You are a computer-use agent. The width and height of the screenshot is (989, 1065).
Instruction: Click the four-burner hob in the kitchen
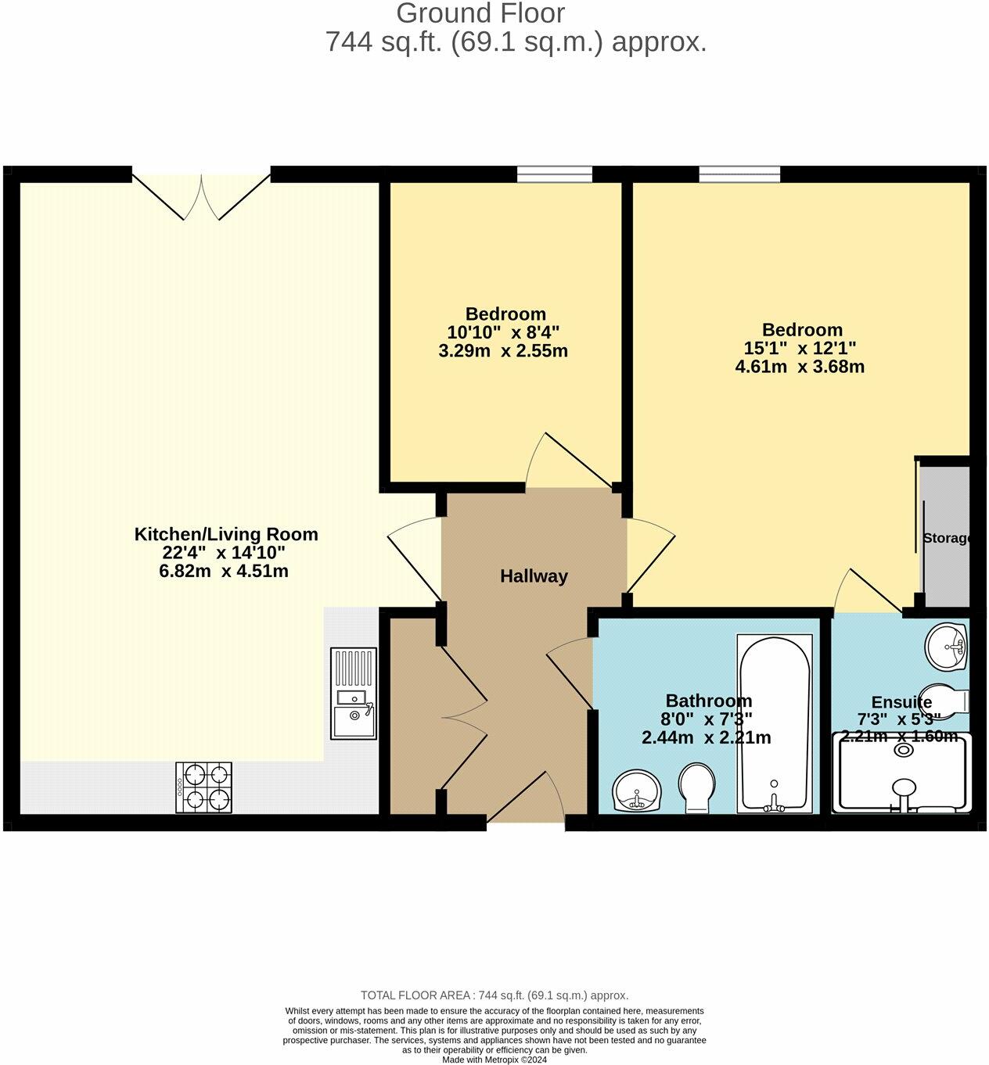[204, 787]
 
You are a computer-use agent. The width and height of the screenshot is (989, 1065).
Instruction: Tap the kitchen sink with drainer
[353, 694]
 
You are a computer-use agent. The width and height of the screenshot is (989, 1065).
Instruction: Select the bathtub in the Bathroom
[775, 723]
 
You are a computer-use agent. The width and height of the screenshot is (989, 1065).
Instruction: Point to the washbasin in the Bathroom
[637, 791]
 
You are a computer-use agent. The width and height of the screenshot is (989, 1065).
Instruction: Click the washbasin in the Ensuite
[948, 647]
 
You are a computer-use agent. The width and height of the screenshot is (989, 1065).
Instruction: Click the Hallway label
[534, 576]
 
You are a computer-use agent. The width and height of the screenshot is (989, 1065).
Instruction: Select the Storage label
[947, 538]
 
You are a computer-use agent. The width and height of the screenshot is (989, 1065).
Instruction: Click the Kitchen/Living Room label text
[226, 534]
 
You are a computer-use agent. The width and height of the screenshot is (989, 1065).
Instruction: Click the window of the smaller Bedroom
[554, 174]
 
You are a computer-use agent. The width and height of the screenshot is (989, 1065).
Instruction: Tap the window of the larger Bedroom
[739, 174]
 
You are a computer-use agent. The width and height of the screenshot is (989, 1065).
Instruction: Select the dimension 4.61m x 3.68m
[800, 367]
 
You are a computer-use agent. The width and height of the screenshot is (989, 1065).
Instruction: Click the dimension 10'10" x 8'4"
[503, 332]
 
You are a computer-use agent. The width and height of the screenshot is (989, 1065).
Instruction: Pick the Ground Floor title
[480, 13]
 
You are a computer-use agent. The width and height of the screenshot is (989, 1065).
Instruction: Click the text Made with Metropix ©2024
[494, 1060]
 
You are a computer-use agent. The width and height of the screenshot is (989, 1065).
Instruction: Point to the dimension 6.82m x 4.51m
[224, 571]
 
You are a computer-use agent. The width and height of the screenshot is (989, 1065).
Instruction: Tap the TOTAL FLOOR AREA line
[494, 995]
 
